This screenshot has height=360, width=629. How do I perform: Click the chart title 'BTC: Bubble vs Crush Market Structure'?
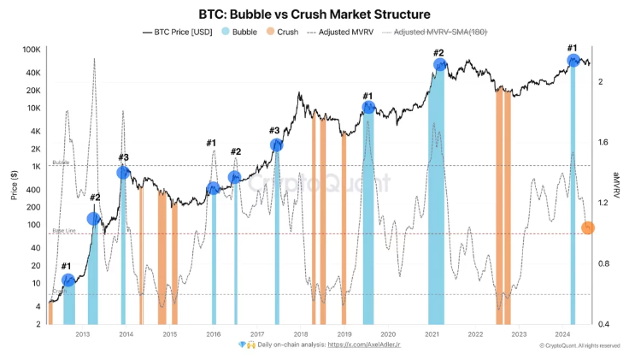314,15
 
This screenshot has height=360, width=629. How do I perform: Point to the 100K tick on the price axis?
31,50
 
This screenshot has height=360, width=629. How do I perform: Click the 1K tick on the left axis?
35,167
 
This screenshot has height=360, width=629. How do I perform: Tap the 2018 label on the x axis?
301,334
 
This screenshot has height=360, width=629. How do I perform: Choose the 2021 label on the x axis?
432,334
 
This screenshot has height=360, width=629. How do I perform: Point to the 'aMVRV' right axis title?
617,185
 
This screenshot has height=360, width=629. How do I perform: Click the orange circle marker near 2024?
588,227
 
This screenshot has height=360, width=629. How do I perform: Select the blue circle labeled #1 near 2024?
573,61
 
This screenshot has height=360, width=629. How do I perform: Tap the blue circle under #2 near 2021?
439,64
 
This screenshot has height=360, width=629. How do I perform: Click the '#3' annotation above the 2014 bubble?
124,157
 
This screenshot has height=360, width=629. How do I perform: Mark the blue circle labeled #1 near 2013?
68,280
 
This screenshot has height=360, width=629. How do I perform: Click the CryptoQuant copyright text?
579,345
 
